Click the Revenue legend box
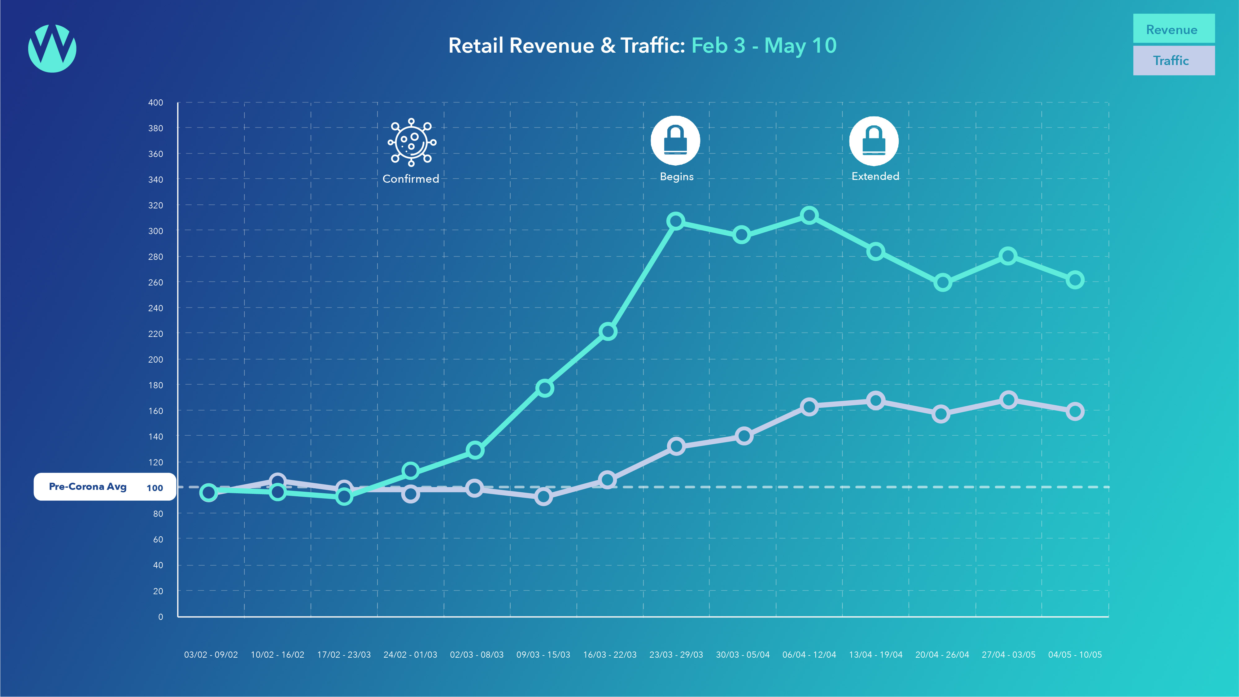pyautogui.click(x=1174, y=29)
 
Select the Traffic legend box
pyautogui.click(x=1174, y=61)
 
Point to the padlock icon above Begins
pyautogui.click(x=675, y=140)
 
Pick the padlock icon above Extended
pyautogui.click(x=874, y=141)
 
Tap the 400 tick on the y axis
pyautogui.click(x=155, y=102)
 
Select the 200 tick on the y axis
pyautogui.click(x=155, y=359)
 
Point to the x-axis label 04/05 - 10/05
pyautogui.click(x=1075, y=655)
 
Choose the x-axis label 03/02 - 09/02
pyautogui.click(x=211, y=655)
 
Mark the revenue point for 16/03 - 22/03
pyautogui.click(x=608, y=331)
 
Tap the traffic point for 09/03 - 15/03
pyautogui.click(x=543, y=496)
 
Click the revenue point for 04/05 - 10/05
pyautogui.click(x=1075, y=280)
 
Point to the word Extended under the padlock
pyautogui.click(x=875, y=176)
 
